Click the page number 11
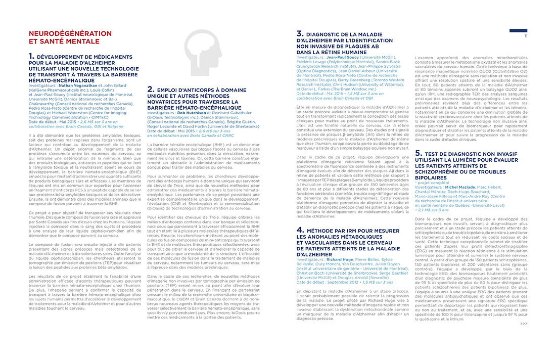coord(525,36)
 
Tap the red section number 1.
coord(31,56)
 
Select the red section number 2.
coord(150,89)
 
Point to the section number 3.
coord(299,34)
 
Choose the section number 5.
coord(418,152)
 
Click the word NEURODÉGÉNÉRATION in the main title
coord(70,34)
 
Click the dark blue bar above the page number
coord(518,31)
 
